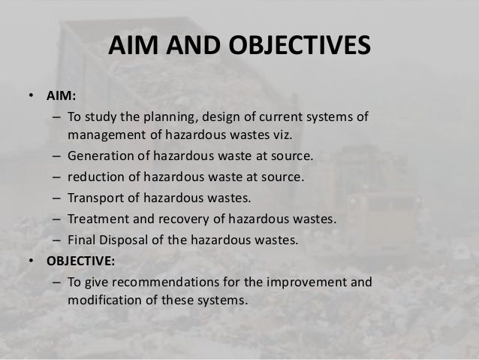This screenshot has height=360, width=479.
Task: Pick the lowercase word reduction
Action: point(95,178)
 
